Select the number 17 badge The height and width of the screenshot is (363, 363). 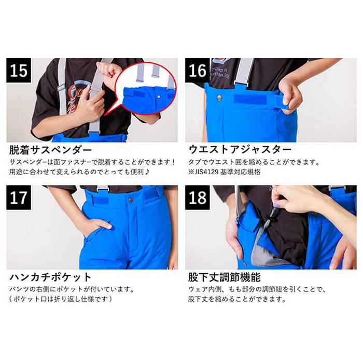[20, 198]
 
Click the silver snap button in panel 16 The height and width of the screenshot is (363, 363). [220, 96]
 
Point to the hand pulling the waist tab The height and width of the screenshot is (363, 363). [290, 93]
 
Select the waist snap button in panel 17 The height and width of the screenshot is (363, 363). [131, 199]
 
